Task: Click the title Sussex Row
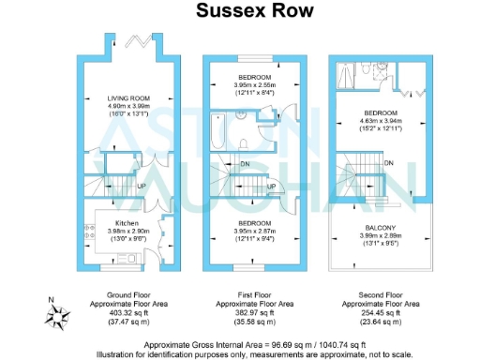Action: tap(241, 11)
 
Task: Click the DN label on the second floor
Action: tap(388, 164)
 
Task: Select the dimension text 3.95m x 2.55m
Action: tap(254, 84)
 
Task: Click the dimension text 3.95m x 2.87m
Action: tap(254, 230)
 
